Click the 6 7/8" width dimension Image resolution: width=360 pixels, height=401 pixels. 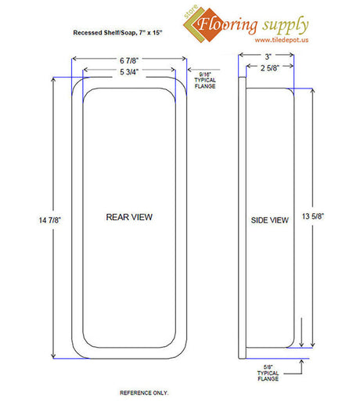click(x=129, y=60)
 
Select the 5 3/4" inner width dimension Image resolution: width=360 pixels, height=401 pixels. click(x=129, y=72)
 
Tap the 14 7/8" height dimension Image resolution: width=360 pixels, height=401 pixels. click(x=49, y=220)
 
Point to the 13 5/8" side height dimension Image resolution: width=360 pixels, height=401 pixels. click(x=313, y=216)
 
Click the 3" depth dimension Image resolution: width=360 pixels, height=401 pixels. click(x=268, y=56)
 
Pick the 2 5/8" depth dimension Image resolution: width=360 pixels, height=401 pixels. click(x=270, y=68)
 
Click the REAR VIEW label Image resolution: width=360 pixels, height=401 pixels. click(x=129, y=217)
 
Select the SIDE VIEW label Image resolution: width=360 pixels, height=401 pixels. click(x=270, y=220)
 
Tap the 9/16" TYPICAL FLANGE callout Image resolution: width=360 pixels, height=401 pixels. click(x=205, y=81)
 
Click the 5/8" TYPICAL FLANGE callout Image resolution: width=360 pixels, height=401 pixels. click(x=268, y=373)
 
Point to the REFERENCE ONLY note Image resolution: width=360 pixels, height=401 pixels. click(x=144, y=392)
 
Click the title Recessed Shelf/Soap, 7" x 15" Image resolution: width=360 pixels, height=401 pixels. click(x=117, y=33)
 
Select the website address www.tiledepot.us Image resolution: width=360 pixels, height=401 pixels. click(x=282, y=40)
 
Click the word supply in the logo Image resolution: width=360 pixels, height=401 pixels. click(x=286, y=26)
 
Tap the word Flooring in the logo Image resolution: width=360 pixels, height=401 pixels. click(x=227, y=24)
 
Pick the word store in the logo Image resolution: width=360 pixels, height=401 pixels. click(x=190, y=12)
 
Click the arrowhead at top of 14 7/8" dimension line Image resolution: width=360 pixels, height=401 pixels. click(x=53, y=79)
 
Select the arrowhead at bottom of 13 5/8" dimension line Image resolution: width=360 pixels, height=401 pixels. click(x=313, y=345)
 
